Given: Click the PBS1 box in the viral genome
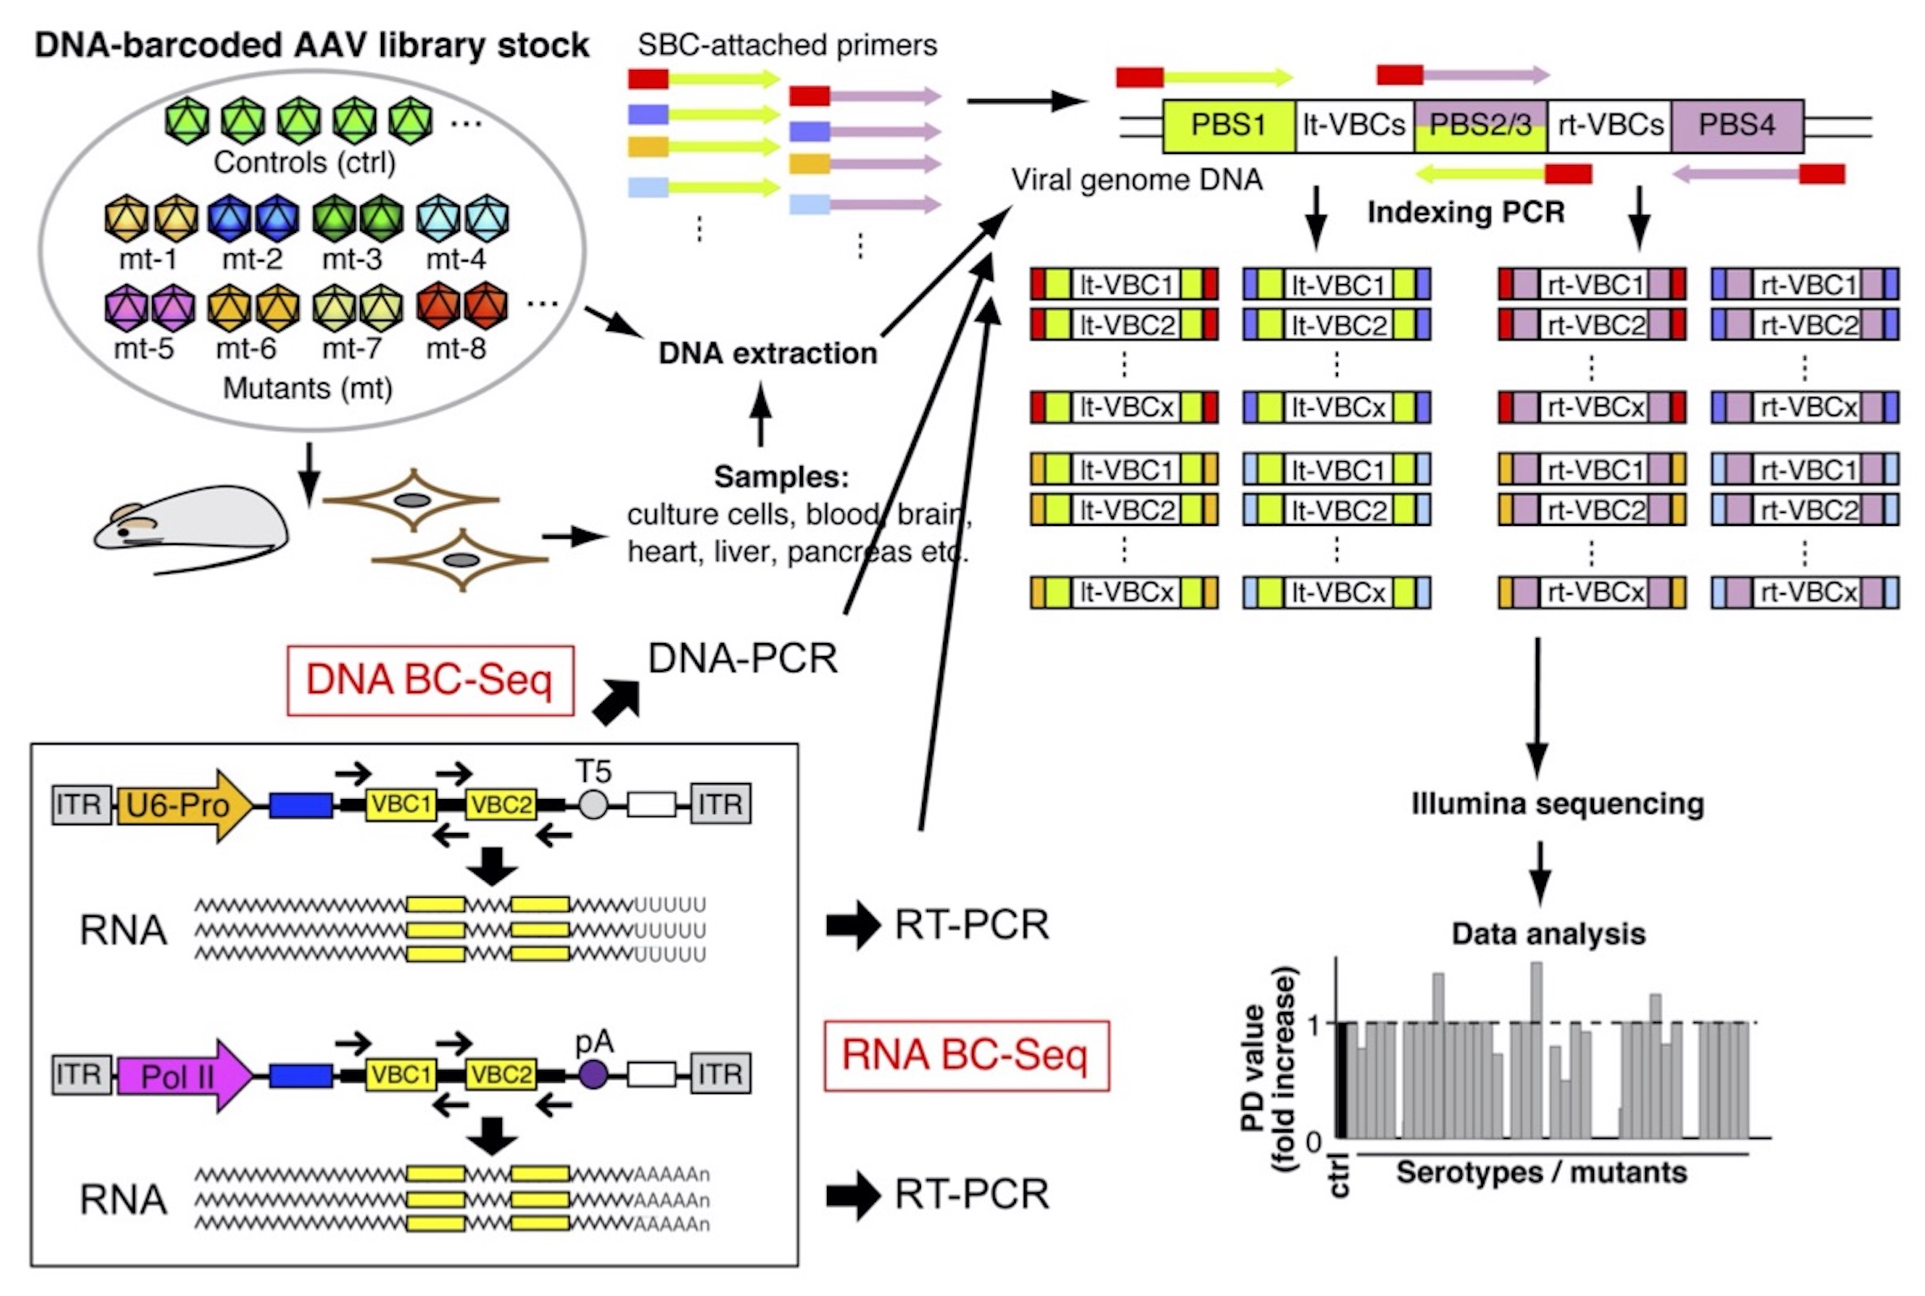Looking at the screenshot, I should pos(1228,126).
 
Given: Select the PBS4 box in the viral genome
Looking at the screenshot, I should pos(1736,126).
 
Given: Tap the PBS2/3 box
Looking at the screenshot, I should pos(1480,126).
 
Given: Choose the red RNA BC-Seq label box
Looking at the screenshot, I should pos(966,1056).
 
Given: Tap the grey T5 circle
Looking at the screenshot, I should pos(593,804).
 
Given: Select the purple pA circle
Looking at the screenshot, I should pos(593,1075).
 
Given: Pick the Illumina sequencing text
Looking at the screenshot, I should pos(1557,804).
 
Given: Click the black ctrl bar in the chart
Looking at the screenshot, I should pos(1341,1081).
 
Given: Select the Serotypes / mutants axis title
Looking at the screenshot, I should pos(1541,1172).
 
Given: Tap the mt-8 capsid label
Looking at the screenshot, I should pos(456,349).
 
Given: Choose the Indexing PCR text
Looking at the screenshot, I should pos(1466,212).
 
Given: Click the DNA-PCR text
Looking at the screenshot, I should pos(742,659).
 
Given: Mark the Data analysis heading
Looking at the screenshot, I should pos(1548,934).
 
